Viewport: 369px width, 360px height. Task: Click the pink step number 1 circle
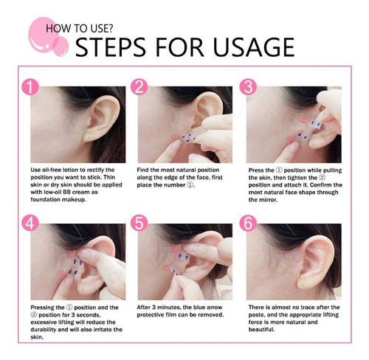pos(30,87)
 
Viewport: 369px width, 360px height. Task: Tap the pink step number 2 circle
pos(139,87)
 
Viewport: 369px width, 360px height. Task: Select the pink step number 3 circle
pos(248,87)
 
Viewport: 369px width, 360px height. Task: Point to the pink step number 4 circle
pos(30,224)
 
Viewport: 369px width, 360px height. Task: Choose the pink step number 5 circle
pos(139,224)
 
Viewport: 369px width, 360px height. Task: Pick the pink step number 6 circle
pos(248,224)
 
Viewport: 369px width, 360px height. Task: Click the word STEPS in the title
pos(111,47)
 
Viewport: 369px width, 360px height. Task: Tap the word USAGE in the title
pos(254,47)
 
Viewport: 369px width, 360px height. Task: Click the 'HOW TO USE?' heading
pos(79,29)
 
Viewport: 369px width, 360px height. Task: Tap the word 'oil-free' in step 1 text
pos(52,170)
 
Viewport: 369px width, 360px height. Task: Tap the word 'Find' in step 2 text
pos(142,170)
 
